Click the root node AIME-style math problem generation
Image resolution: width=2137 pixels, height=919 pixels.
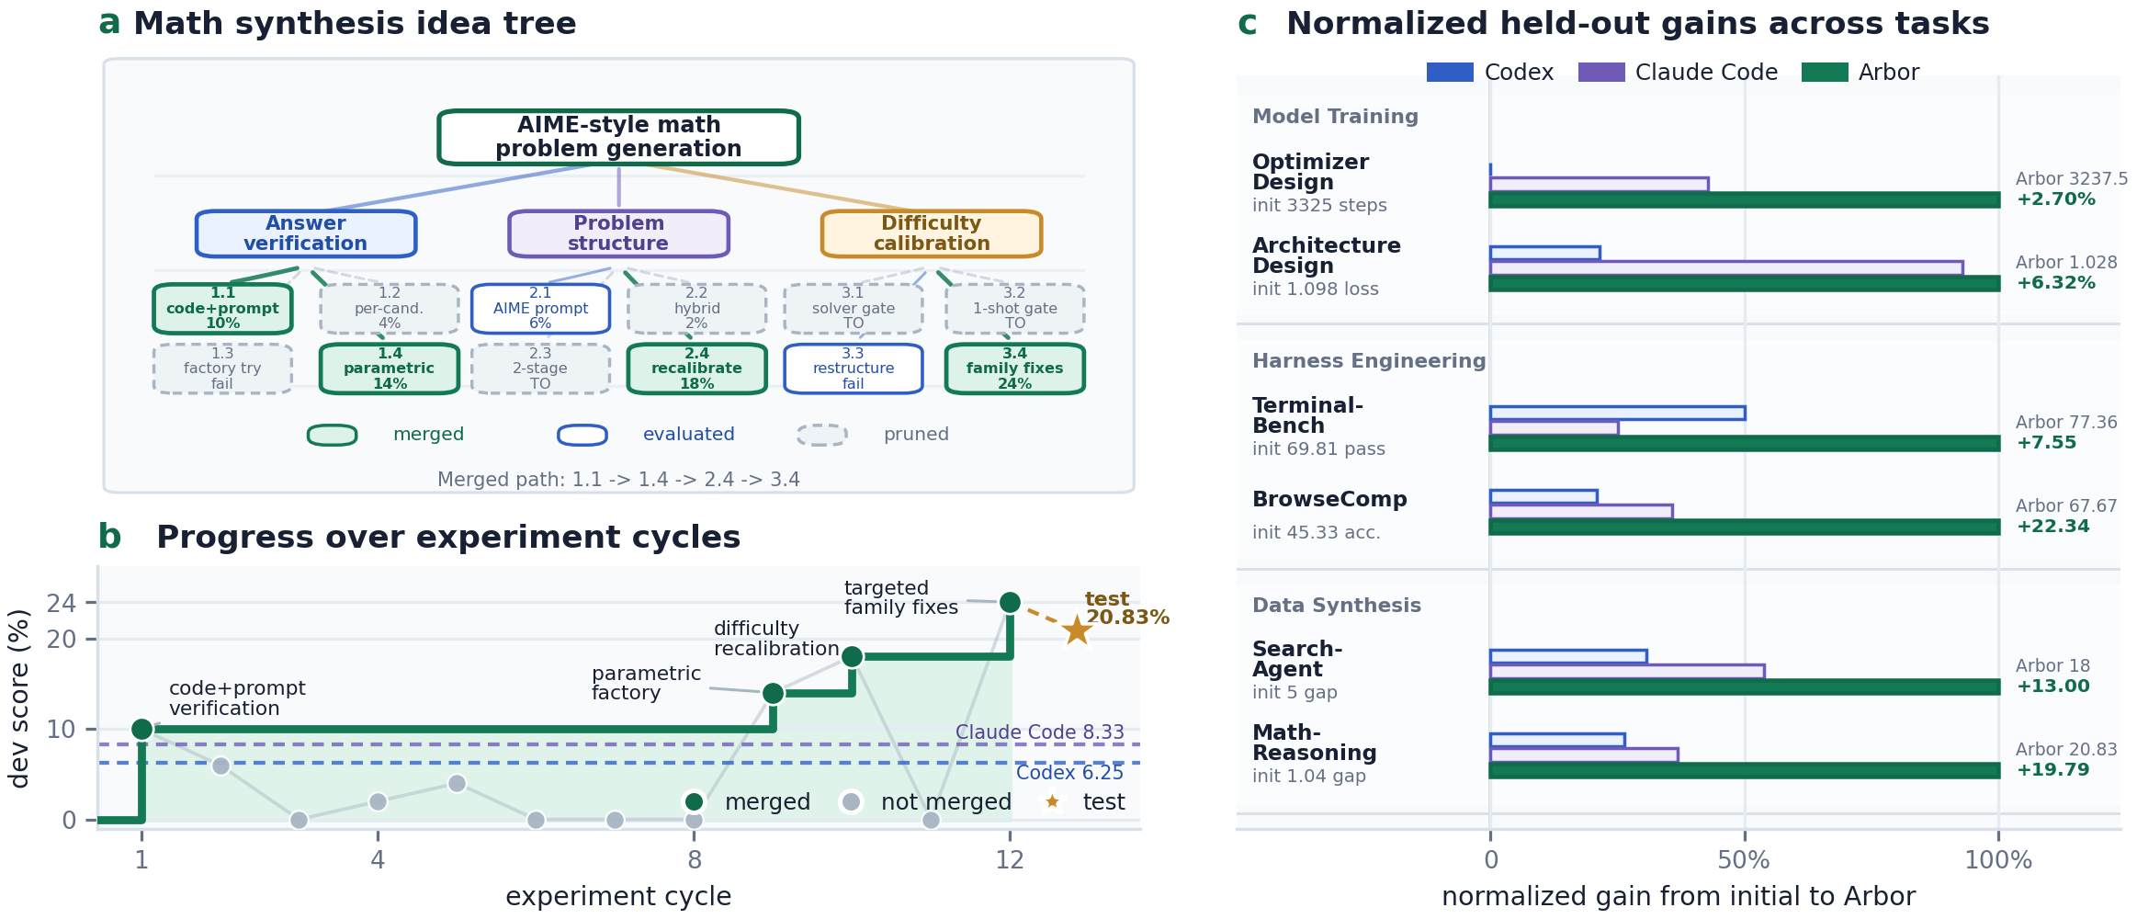coord(618,137)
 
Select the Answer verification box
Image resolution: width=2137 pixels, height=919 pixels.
coord(306,233)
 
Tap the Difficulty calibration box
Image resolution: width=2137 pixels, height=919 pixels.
coord(932,233)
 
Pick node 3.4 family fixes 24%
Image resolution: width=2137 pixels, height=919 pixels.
coord(1015,369)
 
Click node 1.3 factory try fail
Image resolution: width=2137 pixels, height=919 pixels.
coord(222,369)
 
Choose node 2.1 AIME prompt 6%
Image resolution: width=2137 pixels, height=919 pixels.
coord(540,309)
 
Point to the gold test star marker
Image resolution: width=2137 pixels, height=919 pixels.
coord(1077,630)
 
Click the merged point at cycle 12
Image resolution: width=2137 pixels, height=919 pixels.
coord(1010,602)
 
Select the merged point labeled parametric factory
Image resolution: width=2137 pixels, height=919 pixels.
coord(773,693)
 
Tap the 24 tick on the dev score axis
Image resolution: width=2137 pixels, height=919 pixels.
coord(62,603)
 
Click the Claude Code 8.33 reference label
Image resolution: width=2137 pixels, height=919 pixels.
coord(1039,732)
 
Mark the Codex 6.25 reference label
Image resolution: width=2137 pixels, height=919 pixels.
coord(1069,773)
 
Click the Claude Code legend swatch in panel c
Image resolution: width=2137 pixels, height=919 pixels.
coord(1601,72)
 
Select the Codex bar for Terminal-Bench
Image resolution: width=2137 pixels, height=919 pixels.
coord(1617,414)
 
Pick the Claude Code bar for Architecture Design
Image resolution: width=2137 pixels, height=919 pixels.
coord(1726,267)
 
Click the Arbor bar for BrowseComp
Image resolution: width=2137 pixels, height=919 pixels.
coord(1745,527)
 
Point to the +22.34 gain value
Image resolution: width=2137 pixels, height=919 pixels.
coord(2052,527)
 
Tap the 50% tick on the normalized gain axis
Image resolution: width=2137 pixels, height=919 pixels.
coord(1744,860)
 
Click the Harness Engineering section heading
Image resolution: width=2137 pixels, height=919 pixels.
coord(1369,361)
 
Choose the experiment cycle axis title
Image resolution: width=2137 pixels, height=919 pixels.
coord(618,896)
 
